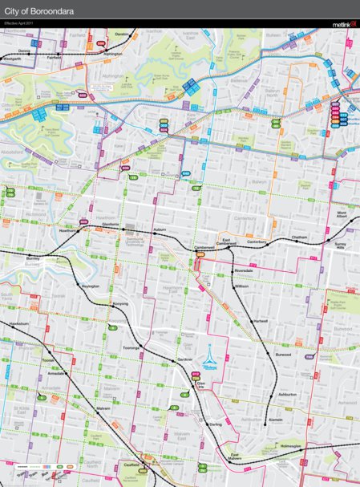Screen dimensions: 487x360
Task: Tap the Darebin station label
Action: [121, 35]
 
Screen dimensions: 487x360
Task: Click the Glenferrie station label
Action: [111, 224]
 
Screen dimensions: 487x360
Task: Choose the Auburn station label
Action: [159, 229]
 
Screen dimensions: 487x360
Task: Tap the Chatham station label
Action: [300, 237]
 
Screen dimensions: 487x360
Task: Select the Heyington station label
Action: [90, 286]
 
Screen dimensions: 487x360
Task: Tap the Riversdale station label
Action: [244, 270]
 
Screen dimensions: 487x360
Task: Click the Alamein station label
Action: [275, 419]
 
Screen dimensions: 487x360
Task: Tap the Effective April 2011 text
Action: [19, 25]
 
